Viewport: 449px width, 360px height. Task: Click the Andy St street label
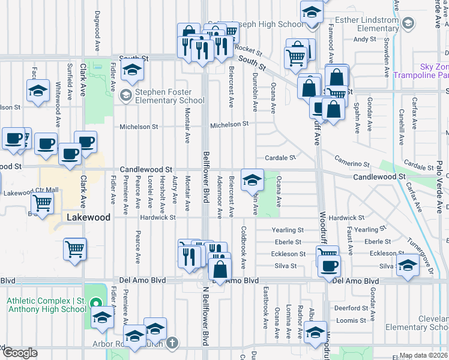pyautogui.click(x=364, y=39)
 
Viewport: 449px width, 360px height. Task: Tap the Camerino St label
pyautogui.click(x=352, y=164)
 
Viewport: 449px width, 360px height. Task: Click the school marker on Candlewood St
pyautogui.click(x=252, y=179)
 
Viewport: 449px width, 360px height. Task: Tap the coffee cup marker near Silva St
pyautogui.click(x=329, y=265)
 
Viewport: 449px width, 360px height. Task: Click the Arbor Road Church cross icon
pyautogui.click(x=172, y=343)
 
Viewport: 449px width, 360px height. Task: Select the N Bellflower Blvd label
pyautogui.click(x=206, y=320)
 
